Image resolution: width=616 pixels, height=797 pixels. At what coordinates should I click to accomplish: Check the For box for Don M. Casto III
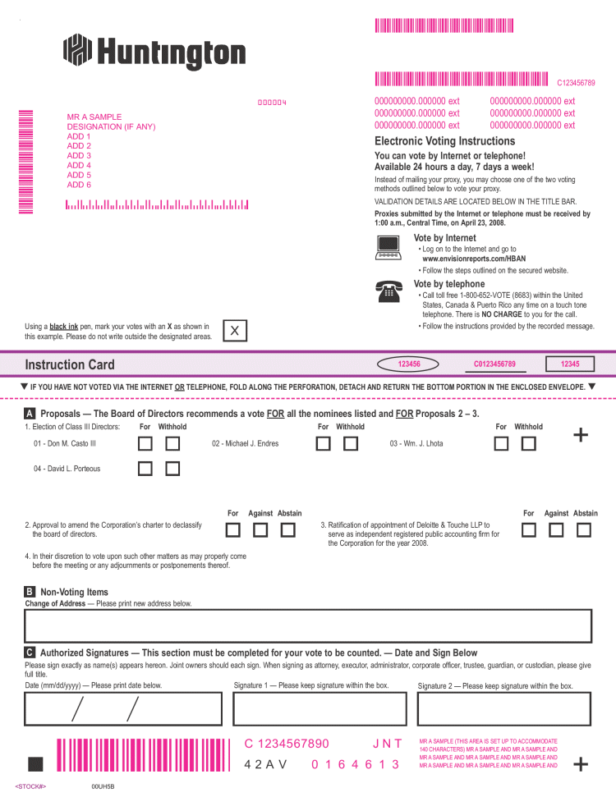[x=145, y=444]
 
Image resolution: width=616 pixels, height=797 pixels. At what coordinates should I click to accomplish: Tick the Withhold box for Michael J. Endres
[x=351, y=444]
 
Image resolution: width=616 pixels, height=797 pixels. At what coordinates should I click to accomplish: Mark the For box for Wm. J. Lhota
[x=502, y=444]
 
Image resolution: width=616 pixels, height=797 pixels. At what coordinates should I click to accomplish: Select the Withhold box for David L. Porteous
[x=172, y=469]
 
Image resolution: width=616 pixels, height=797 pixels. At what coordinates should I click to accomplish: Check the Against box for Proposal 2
[x=260, y=529]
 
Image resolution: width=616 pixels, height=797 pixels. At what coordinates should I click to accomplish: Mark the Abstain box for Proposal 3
[x=584, y=529]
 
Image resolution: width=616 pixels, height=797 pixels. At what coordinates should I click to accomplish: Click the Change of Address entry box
[x=308, y=625]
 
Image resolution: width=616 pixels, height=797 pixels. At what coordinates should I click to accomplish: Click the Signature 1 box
[x=320, y=711]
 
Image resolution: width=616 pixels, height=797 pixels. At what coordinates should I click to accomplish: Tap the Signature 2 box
[x=504, y=711]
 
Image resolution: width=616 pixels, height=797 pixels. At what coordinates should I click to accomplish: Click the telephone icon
[x=387, y=289]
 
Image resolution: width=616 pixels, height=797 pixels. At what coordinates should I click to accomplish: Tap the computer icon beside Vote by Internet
[x=387, y=247]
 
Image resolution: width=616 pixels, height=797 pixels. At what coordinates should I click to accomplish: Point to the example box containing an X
[x=235, y=331]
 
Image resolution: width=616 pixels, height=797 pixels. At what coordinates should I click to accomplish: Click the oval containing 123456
[x=409, y=364]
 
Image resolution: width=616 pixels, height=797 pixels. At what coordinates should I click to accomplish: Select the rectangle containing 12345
[x=570, y=364]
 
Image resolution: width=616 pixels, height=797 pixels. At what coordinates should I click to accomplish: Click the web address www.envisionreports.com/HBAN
[x=468, y=259]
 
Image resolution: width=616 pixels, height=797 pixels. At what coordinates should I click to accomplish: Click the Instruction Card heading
[x=70, y=364]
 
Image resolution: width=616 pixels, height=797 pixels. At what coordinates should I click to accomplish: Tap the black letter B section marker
[x=30, y=592]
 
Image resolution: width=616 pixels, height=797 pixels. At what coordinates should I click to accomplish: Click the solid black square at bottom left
[x=35, y=764]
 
